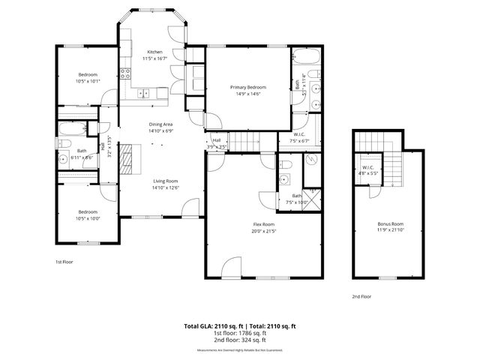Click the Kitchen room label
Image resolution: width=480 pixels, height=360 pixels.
(x=154, y=52)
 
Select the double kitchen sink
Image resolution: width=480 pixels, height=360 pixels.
(x=143, y=94)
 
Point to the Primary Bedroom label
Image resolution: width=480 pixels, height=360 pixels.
(x=247, y=87)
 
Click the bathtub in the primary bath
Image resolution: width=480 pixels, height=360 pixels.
(x=307, y=58)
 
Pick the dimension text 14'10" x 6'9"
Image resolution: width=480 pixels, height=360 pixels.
(x=160, y=131)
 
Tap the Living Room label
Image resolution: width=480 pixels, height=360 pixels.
(x=165, y=181)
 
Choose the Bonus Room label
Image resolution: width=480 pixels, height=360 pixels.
(x=390, y=223)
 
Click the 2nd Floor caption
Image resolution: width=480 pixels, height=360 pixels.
(x=361, y=296)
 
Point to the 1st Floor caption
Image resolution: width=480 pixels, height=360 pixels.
(x=64, y=262)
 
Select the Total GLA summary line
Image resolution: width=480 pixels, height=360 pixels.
(x=240, y=326)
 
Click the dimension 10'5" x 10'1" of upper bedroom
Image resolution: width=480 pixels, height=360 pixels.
(x=88, y=81)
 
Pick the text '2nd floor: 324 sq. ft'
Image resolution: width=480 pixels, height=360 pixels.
(x=240, y=341)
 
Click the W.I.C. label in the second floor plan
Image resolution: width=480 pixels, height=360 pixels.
(x=367, y=167)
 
